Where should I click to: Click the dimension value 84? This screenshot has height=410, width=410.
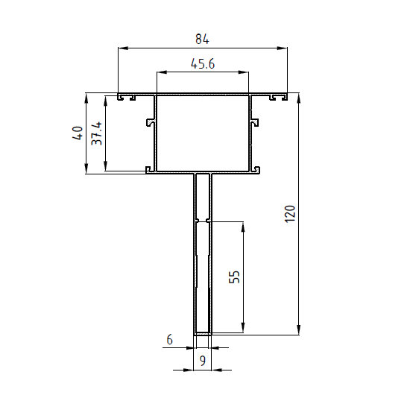click(x=202, y=40)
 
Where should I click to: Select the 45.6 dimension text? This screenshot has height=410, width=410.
click(x=203, y=64)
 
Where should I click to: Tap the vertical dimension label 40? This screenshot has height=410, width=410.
click(x=78, y=133)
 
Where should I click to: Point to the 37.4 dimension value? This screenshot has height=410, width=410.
click(x=96, y=133)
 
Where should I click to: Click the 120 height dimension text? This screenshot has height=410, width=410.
click(x=289, y=214)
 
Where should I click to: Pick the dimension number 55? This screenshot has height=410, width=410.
click(x=234, y=277)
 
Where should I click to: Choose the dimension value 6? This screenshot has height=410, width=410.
click(x=170, y=340)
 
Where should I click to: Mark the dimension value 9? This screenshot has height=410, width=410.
click(x=203, y=361)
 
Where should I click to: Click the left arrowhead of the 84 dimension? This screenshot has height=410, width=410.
click(x=123, y=48)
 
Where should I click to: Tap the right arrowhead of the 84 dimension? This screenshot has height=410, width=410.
click(x=282, y=48)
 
